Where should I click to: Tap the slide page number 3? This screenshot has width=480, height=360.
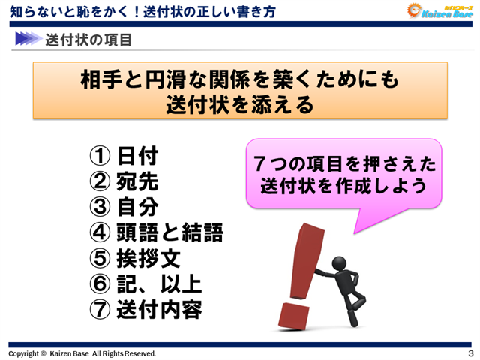[469, 353]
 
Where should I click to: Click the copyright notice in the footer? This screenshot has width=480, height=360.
[82, 353]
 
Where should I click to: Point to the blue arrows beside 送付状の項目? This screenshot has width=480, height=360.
[27, 37]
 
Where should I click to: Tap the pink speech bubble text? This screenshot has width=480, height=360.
[344, 173]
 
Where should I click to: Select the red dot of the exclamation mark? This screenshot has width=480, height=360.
[294, 315]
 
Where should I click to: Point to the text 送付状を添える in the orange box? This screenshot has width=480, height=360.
[240, 103]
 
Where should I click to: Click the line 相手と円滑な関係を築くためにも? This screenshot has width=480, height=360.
[240, 79]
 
